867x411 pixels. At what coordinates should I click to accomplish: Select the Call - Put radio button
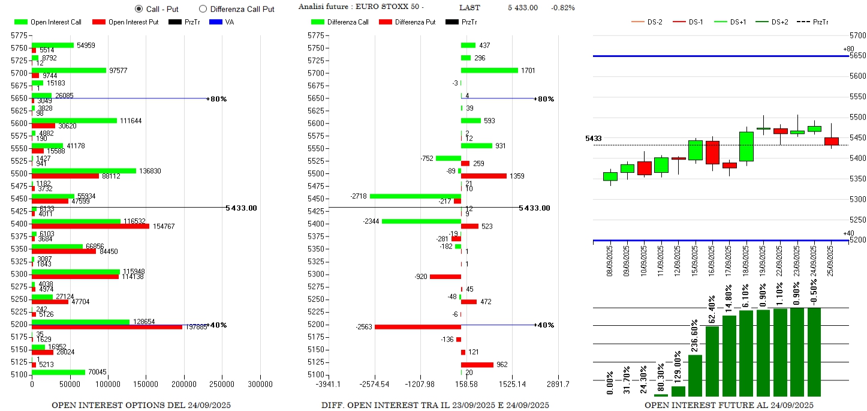coord(139,9)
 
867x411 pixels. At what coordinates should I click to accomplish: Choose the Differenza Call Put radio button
coord(203,9)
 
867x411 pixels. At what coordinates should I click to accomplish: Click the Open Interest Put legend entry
coord(126,22)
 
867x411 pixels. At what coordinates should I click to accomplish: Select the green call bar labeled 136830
coord(84,171)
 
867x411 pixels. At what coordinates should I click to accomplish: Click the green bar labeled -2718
coord(415,196)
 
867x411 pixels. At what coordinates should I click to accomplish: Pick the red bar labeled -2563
coord(417,327)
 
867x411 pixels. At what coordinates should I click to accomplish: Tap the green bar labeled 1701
coord(489,70)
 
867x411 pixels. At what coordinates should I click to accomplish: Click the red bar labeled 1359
coord(483,176)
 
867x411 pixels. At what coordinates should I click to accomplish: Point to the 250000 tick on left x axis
coord(222,384)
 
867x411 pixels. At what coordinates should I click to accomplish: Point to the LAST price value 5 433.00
coord(522,8)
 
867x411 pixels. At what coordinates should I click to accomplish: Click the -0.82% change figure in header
coord(562,8)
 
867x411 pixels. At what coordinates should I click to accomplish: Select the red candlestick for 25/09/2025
coord(832,141)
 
